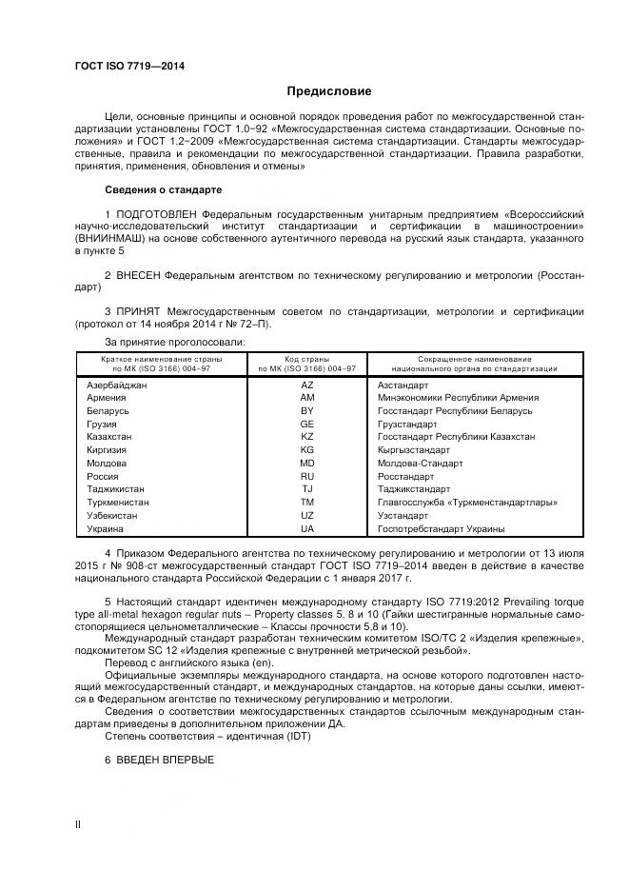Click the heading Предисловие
click(x=329, y=91)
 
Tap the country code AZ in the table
click(x=306, y=385)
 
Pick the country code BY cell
click(x=306, y=410)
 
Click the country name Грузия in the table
click(x=102, y=424)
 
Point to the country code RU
click(x=306, y=476)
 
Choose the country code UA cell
click(x=306, y=528)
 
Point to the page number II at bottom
click(x=78, y=823)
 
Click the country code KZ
click(x=306, y=436)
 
